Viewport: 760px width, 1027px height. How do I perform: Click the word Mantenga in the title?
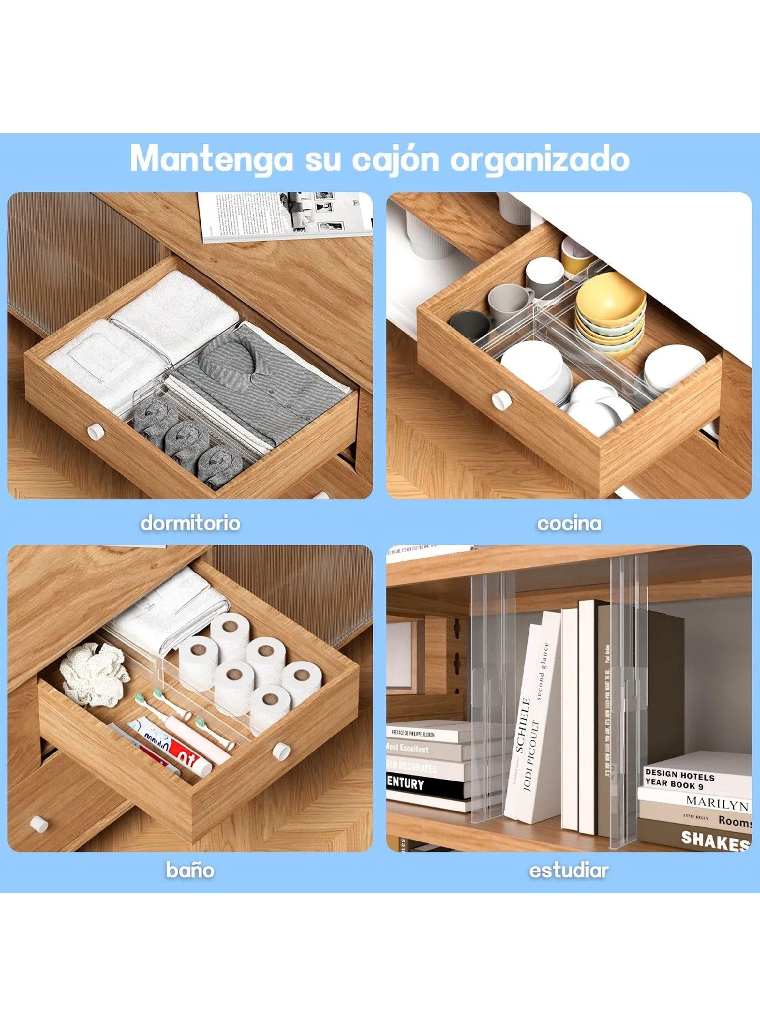pos(212,159)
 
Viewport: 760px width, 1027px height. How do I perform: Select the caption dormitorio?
pos(190,523)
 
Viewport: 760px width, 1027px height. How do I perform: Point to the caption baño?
pos(190,870)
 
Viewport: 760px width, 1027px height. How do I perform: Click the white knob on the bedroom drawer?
pos(96,431)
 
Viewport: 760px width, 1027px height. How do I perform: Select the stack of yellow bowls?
pos(610,313)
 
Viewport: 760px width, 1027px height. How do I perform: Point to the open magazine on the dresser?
pos(285,216)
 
